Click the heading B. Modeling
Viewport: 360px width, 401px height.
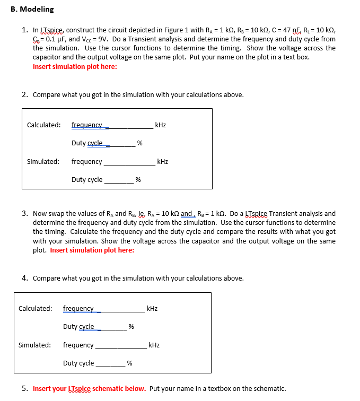pos(33,9)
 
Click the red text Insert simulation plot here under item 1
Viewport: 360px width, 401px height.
pos(75,66)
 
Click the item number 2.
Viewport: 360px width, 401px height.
pos(25,95)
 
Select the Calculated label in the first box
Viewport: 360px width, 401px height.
pos(43,125)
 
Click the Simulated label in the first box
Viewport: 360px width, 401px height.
pos(43,161)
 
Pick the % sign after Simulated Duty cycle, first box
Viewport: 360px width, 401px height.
pos(138,180)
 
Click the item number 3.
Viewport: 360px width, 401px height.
pos(25,213)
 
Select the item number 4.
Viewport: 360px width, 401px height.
pos(25,278)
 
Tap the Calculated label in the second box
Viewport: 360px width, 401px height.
pos(35,308)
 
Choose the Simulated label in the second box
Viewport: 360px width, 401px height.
pos(34,345)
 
